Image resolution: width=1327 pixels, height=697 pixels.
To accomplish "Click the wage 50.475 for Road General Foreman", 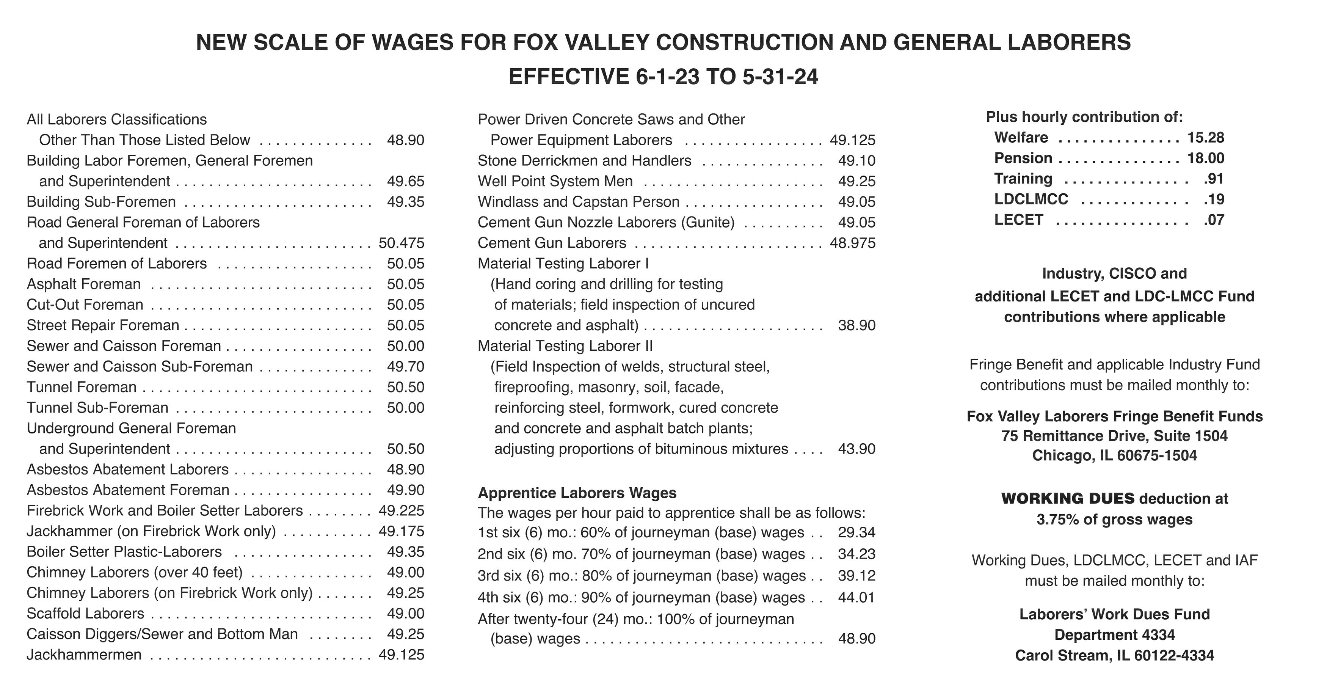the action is tap(401, 243).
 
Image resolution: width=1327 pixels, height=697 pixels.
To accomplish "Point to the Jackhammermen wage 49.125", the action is tap(401, 655).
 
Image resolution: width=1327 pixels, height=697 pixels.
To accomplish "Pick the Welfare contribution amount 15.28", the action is tap(1205, 138).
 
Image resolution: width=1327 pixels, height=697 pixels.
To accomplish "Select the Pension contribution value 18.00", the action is tap(1205, 158).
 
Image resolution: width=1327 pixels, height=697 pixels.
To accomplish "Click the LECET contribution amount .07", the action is tap(1214, 220).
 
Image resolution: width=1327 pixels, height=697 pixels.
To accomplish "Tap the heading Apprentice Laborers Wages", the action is tap(577, 493).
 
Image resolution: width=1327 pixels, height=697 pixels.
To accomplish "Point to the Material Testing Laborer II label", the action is tap(565, 346).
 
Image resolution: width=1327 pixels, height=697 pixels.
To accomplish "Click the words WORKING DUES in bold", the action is tap(1068, 498).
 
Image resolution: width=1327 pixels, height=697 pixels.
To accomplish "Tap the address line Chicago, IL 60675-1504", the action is tap(1115, 455).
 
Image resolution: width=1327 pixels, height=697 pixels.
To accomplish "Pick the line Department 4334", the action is tap(1115, 635).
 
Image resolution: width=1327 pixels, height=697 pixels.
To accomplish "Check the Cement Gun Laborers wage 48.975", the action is tap(853, 243).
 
